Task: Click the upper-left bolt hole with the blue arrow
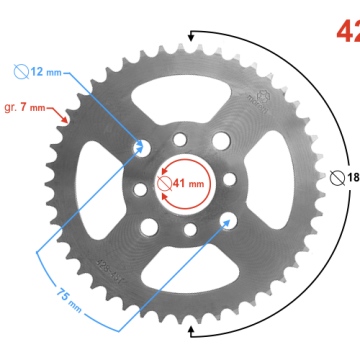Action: pyautogui.click(x=141, y=147)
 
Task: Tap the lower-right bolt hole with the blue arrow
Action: pyautogui.click(x=228, y=219)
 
